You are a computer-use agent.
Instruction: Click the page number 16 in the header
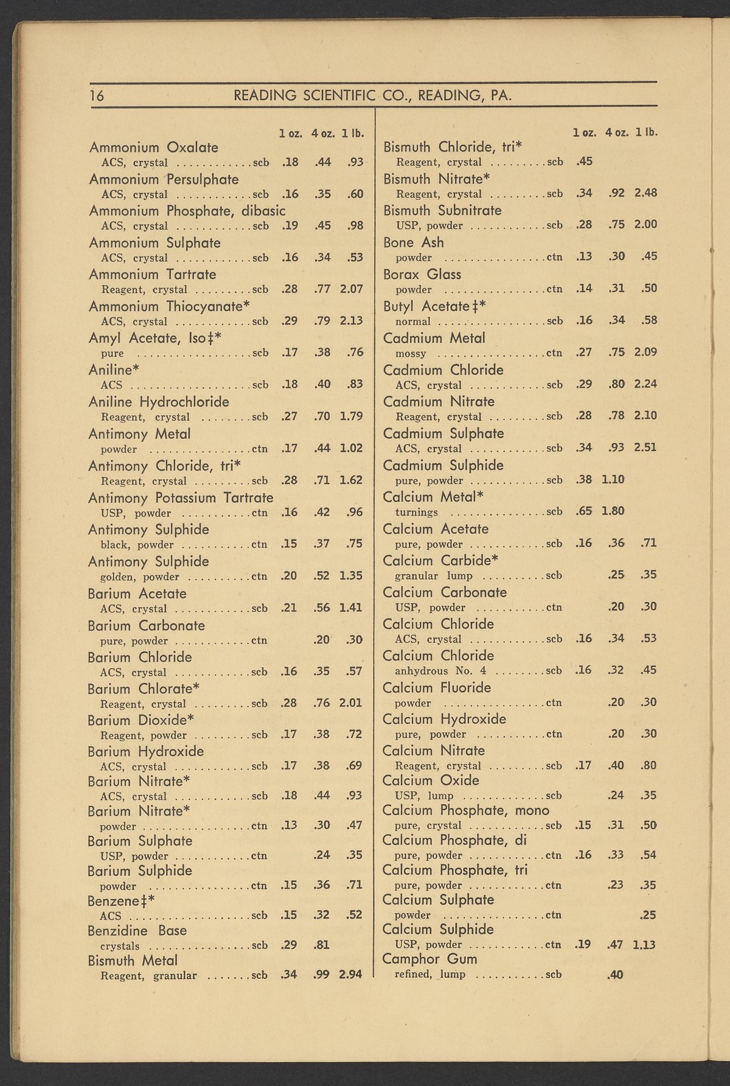point(97,96)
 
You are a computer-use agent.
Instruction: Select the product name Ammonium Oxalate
point(153,147)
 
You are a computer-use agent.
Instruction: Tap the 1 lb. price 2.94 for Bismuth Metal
point(350,975)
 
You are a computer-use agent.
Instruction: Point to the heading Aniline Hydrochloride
point(158,402)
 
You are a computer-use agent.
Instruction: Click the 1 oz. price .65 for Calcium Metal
point(584,511)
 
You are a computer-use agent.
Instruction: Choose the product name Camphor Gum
point(429,959)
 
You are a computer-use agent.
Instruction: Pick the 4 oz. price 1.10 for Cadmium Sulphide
point(613,479)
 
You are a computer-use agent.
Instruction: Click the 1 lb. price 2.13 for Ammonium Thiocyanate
point(351,321)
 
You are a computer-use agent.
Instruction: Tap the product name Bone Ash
point(414,242)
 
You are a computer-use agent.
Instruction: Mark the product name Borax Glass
point(422,274)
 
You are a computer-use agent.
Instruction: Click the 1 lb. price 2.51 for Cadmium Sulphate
point(645,447)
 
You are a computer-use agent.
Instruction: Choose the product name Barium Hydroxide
point(145,751)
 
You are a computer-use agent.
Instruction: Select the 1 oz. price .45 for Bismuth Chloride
point(584,161)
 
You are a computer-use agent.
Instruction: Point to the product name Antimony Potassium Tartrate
point(181,498)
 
